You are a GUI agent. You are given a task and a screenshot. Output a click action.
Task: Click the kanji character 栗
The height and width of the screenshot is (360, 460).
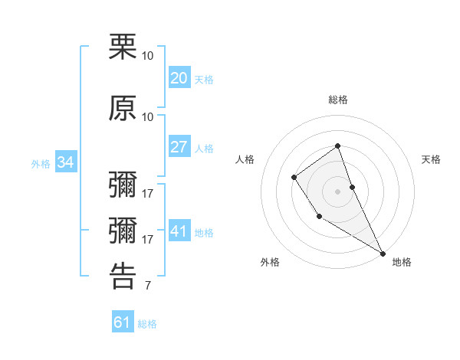click(x=123, y=47)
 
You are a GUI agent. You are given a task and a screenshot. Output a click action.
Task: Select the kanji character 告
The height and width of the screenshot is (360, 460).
click(x=123, y=276)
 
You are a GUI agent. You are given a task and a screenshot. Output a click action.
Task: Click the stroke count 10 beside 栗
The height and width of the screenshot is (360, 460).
click(x=148, y=56)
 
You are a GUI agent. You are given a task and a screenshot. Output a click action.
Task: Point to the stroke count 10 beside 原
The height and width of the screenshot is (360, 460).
click(x=148, y=116)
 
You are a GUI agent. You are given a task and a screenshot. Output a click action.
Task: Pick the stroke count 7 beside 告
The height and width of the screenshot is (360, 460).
click(x=147, y=286)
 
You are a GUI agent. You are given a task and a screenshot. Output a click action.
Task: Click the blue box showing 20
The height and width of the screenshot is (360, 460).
click(x=179, y=78)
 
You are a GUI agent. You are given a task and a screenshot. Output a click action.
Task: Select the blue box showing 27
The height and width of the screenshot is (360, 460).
click(x=179, y=147)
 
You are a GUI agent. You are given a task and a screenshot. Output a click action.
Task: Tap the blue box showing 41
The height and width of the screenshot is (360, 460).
click(x=179, y=231)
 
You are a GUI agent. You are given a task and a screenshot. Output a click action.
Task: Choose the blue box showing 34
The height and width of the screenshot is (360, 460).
click(x=65, y=162)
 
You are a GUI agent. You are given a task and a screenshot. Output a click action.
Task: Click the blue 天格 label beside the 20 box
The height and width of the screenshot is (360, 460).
click(x=203, y=80)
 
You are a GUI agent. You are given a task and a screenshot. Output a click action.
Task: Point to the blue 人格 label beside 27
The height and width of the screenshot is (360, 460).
click(x=203, y=149)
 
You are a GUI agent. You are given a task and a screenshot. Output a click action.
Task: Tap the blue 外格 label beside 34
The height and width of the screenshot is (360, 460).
click(x=41, y=164)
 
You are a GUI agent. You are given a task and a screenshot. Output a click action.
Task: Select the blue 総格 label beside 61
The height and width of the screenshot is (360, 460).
click(x=147, y=324)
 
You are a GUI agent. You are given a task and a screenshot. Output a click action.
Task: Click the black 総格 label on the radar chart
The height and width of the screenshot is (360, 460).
click(x=337, y=100)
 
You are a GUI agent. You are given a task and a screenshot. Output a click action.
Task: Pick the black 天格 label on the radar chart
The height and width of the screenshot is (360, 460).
click(x=431, y=159)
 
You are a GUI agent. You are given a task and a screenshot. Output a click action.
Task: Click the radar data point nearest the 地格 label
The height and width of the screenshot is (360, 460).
click(x=383, y=253)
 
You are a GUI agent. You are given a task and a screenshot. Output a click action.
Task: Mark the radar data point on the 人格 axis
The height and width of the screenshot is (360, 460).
click(x=294, y=178)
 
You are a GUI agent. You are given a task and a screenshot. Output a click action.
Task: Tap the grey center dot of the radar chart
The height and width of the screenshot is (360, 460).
click(x=337, y=191)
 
